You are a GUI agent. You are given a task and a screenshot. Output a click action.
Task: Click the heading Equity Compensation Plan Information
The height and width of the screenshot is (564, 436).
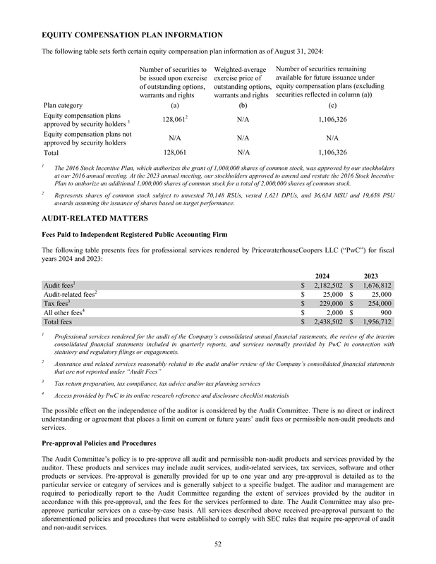[133, 35]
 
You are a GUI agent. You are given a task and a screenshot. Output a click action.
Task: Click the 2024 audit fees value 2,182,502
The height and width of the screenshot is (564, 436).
[324, 285]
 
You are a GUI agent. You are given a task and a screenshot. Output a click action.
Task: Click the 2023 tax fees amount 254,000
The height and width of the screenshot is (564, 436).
[377, 303]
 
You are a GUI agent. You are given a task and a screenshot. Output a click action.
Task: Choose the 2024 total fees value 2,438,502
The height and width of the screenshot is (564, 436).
[324, 321]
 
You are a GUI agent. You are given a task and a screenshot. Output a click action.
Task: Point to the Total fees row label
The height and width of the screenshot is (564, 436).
[61, 321]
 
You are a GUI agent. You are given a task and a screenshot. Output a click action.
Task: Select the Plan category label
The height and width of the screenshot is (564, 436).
[63, 105]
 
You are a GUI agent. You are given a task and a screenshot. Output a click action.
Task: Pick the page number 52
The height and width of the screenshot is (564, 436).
[218, 542]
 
